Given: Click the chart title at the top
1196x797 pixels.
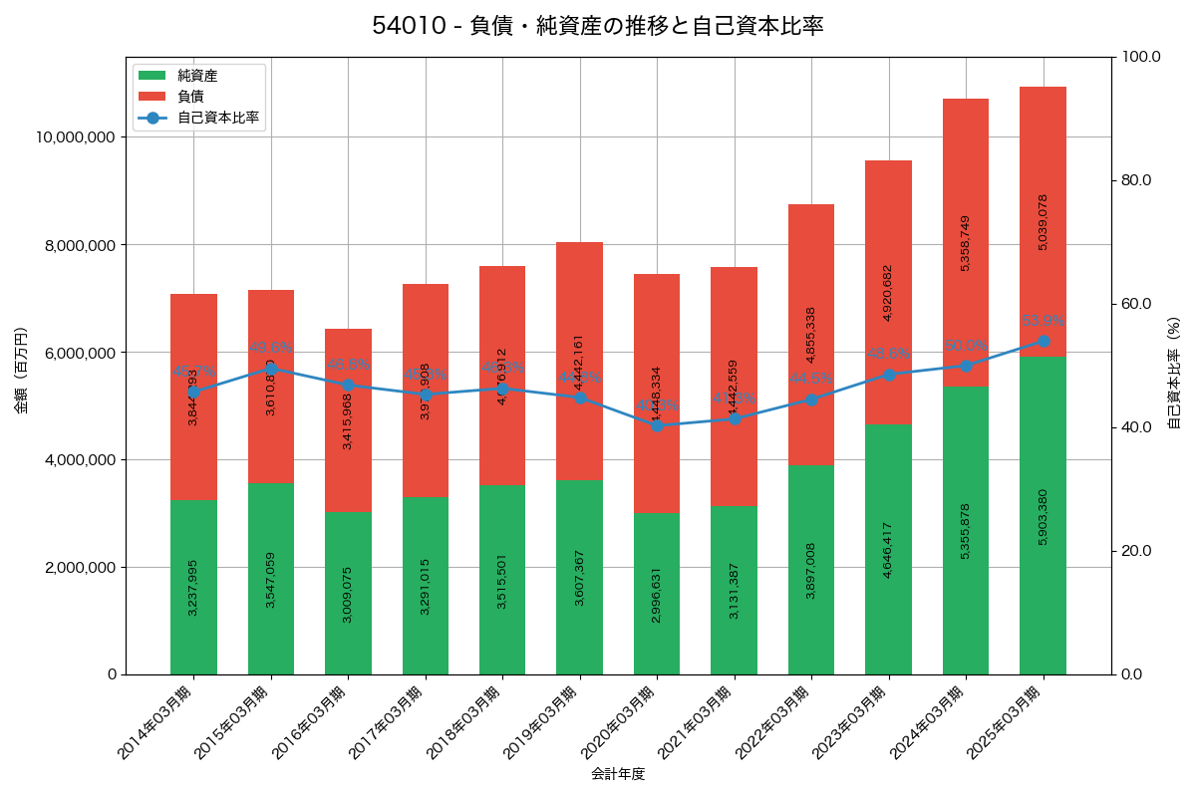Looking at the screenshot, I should tap(598, 26).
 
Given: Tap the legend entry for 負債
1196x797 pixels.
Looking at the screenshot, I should tap(190, 97).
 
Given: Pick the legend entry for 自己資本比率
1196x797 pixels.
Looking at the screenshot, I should tap(217, 118).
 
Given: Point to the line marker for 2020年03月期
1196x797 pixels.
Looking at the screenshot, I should tap(657, 425).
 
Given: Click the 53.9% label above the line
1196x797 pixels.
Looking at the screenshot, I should tap(1043, 321).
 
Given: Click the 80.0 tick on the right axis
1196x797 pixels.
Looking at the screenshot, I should tap(1136, 180).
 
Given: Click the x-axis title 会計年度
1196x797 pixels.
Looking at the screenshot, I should tap(618, 774).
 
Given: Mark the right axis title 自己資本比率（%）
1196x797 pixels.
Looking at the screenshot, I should tap(1174, 373).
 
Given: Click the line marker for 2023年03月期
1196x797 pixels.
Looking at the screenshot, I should tap(888, 375).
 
